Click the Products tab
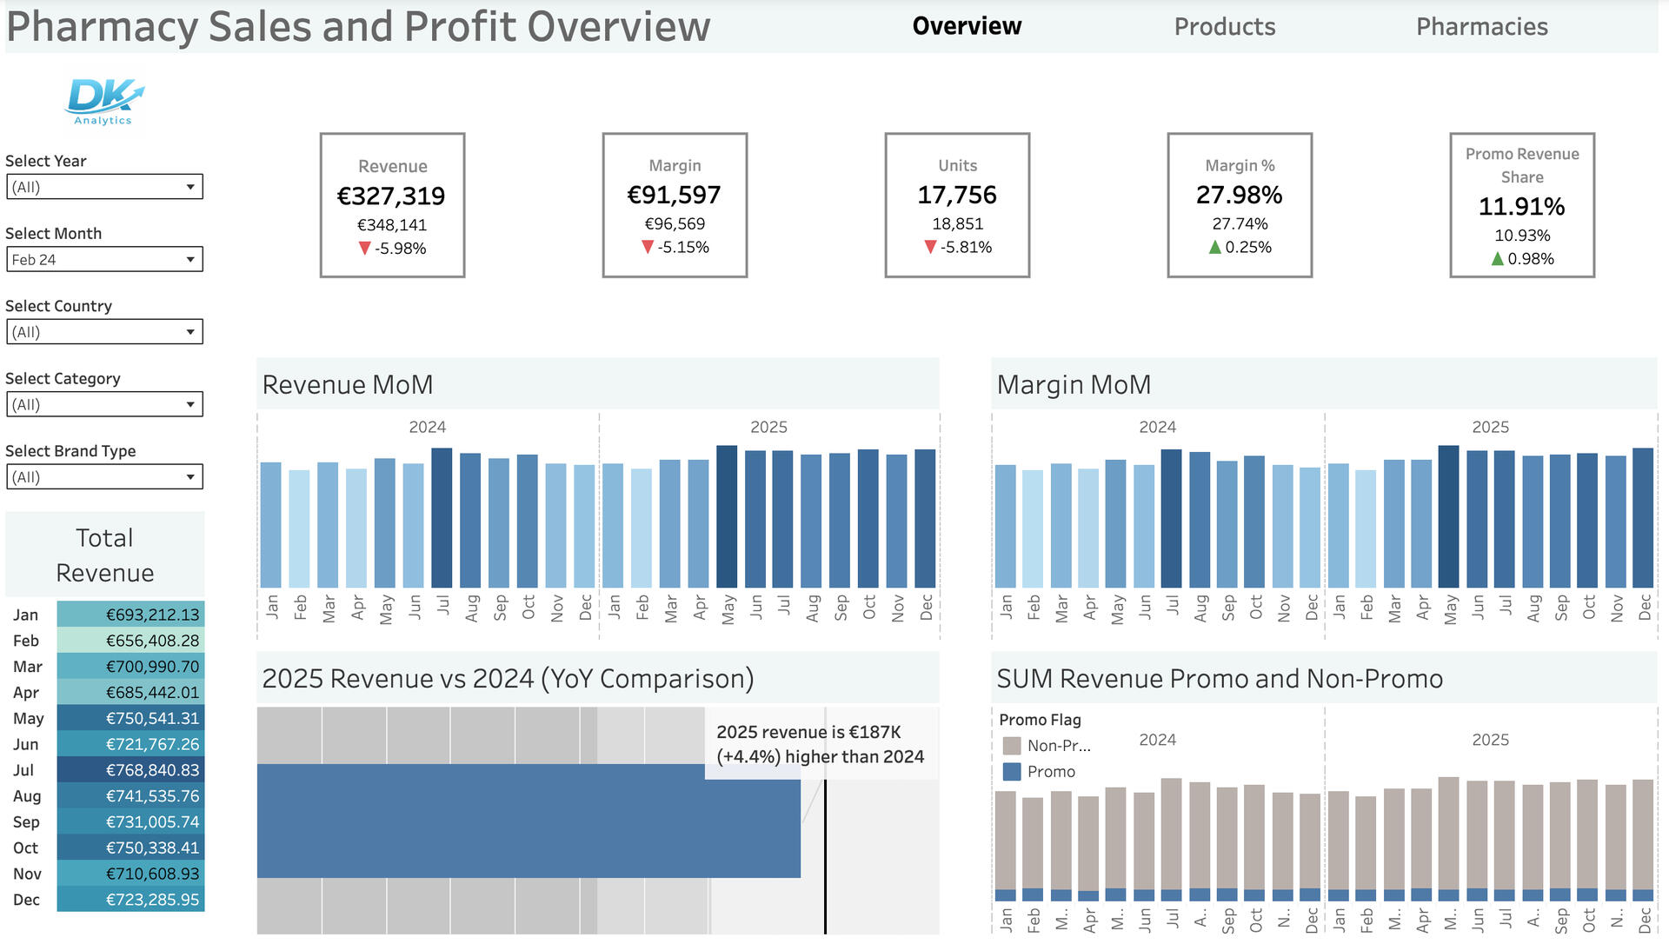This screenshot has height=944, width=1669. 1224,27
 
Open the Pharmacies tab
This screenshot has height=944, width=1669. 1481,27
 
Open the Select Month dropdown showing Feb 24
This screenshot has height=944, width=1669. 104,259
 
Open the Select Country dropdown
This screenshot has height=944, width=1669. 104,332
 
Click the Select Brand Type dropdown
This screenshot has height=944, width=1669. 104,477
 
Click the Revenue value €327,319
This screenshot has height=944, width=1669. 391,196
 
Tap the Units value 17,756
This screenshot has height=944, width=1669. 957,196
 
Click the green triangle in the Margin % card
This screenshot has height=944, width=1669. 1215,248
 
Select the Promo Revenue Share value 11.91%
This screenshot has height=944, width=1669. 1521,207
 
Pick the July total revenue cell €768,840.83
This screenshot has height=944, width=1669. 131,770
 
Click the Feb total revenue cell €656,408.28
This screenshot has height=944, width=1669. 131,641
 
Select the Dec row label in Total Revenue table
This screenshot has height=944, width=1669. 26,900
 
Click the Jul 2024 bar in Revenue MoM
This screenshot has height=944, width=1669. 442,518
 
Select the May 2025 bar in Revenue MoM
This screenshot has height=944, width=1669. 727,517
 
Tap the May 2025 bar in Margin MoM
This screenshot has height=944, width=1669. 1448,517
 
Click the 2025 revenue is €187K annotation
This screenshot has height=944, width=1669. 820,744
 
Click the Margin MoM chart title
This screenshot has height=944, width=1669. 1074,385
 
